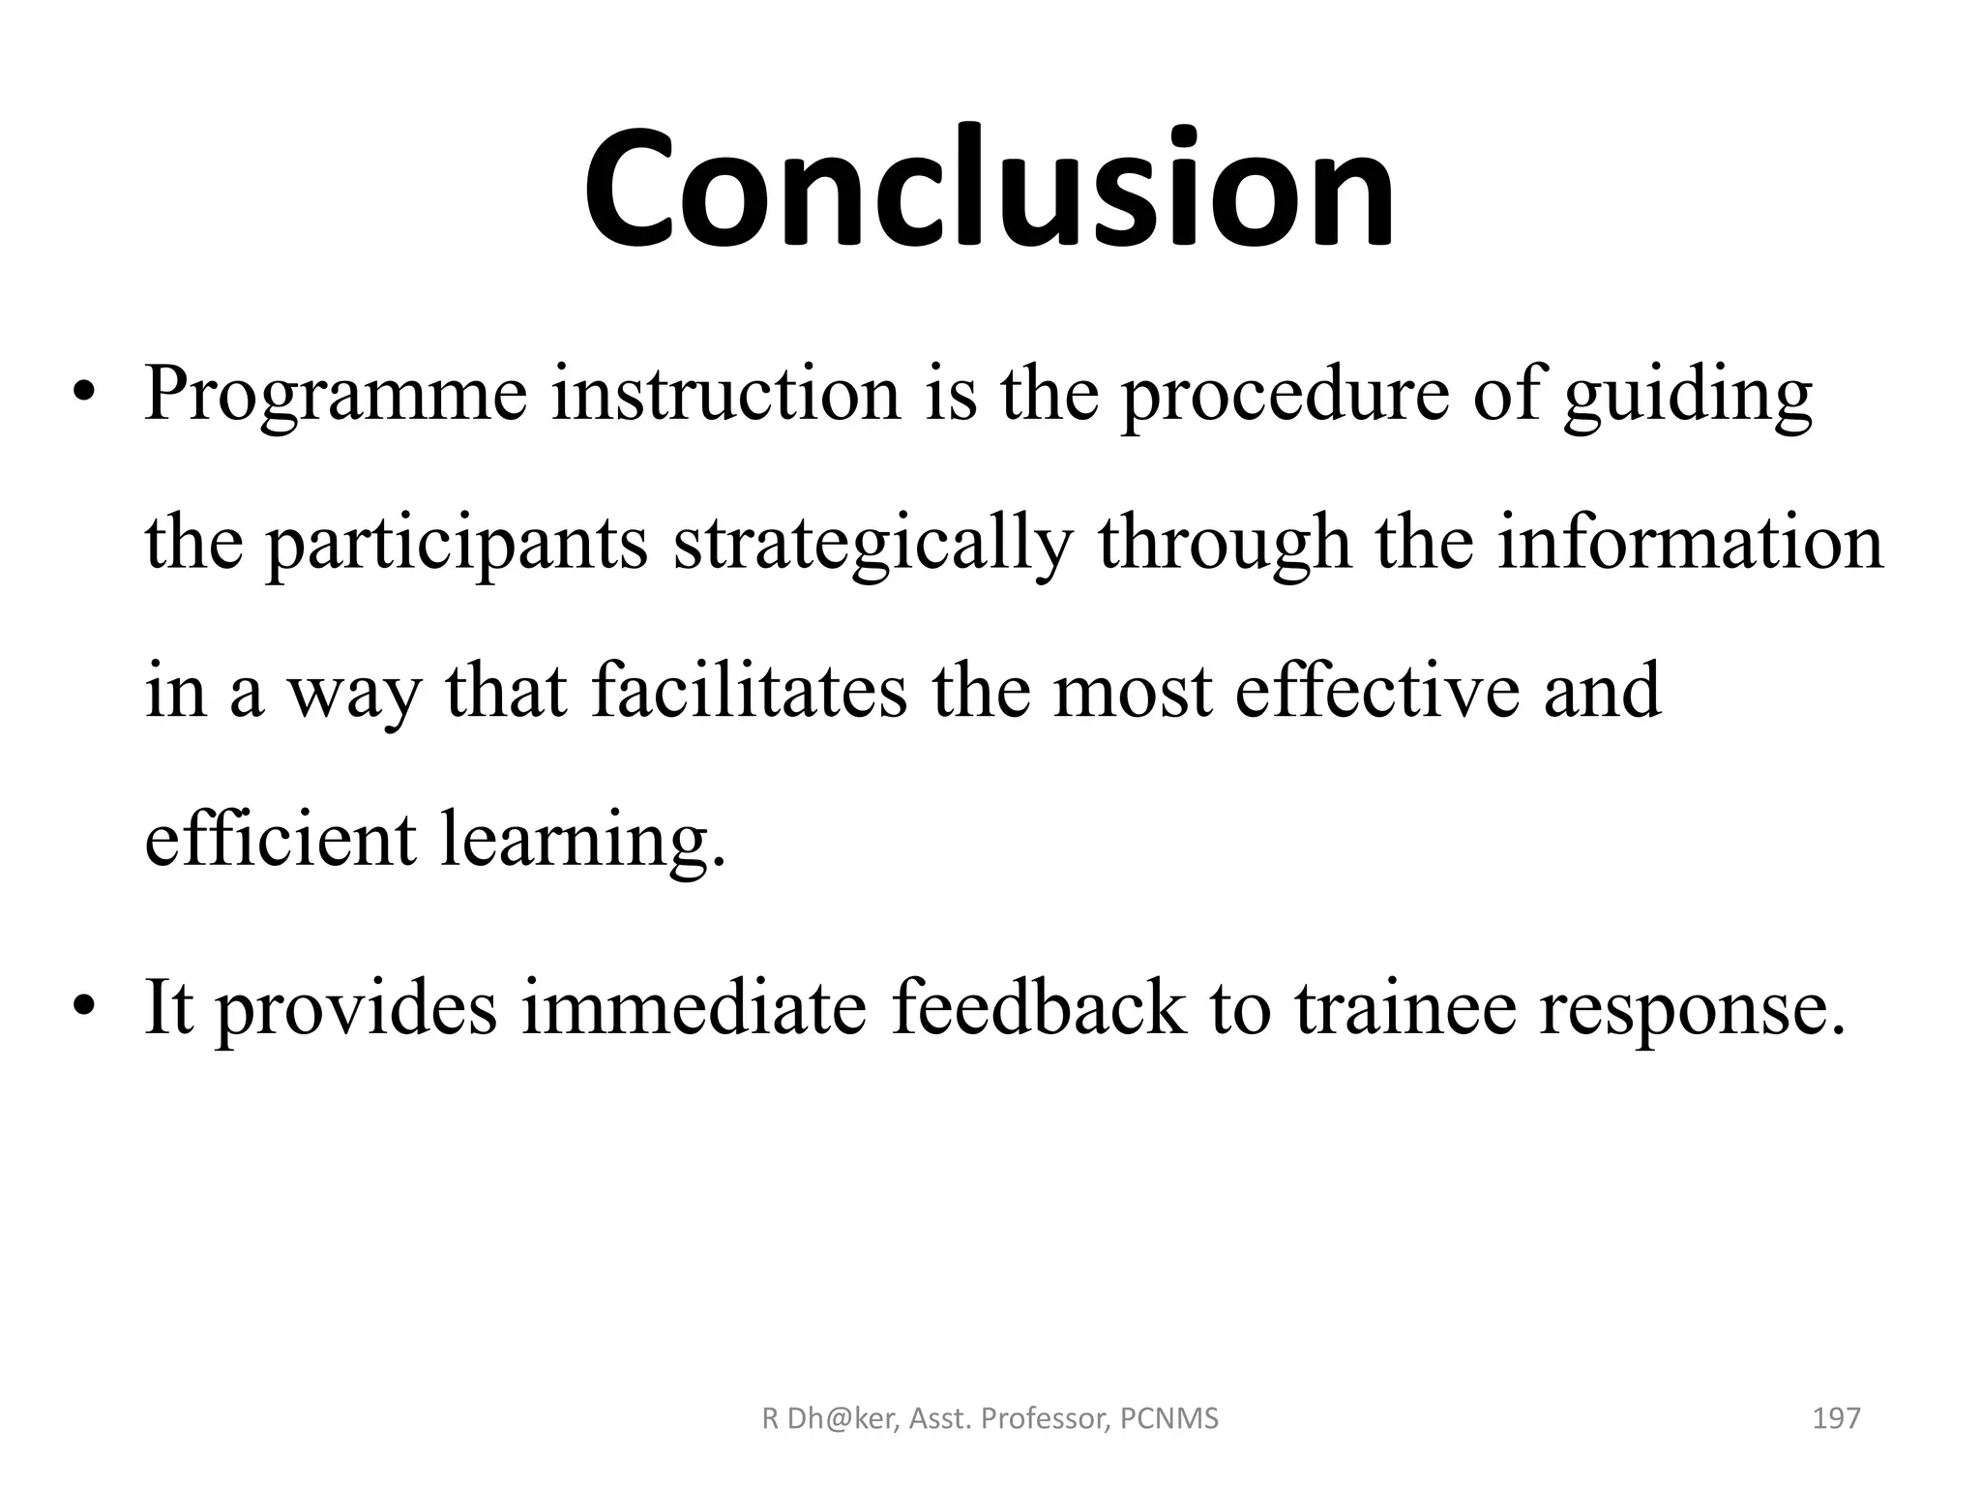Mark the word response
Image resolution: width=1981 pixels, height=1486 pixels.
[x=1693, y=1009]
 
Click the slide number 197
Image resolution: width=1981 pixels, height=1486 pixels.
[x=1835, y=1419]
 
